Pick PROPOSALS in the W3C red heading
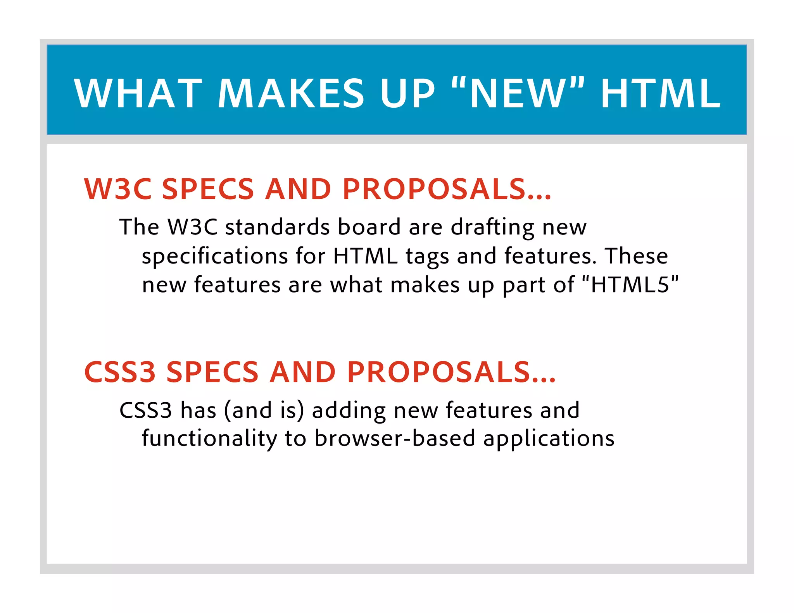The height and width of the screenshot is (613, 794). click(434, 189)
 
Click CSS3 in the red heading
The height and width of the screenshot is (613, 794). click(120, 372)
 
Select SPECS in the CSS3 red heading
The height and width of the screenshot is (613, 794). click(212, 372)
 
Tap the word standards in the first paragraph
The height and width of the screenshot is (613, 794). click(277, 227)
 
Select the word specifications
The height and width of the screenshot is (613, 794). click(215, 257)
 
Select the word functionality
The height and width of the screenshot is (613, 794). click(209, 439)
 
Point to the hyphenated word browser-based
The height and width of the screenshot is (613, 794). click(395, 439)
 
